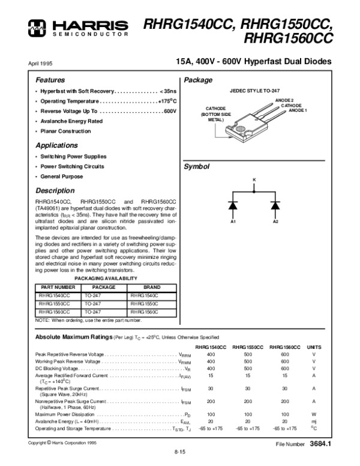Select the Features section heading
pos(50,80)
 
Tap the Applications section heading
pos(57,145)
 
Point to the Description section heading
pos(55,190)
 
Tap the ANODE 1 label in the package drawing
pos(298,110)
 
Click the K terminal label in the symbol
pos(254,180)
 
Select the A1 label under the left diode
pos(233,222)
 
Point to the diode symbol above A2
pos(275,205)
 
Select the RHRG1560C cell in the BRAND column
pos(143,312)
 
